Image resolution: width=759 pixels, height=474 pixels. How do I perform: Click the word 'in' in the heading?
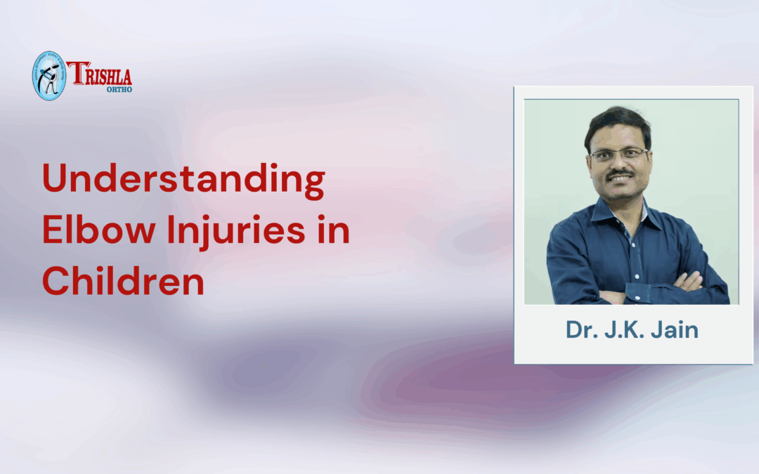(x=335, y=231)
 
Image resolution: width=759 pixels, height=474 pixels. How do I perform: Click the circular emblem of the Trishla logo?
(x=48, y=75)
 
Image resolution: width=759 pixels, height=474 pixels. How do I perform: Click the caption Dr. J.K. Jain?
(x=632, y=330)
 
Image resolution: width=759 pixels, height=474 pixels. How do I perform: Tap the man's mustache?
(x=621, y=173)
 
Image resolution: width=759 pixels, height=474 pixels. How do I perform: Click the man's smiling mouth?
(x=621, y=180)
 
